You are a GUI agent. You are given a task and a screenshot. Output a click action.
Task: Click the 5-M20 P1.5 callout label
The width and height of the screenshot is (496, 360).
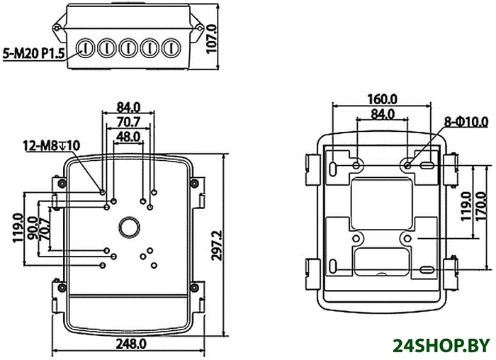coord(33,53)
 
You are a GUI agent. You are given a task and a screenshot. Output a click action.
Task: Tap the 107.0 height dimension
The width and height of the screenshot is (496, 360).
coord(211,38)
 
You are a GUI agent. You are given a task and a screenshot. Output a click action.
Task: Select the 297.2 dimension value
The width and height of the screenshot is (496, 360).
coord(217,245)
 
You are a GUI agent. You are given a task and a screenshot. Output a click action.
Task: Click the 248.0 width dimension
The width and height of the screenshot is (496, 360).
coord(131,344)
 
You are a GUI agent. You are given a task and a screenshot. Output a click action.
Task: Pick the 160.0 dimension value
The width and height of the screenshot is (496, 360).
coord(382,99)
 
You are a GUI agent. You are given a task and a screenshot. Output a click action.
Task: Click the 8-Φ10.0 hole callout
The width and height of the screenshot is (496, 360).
coord(466,122)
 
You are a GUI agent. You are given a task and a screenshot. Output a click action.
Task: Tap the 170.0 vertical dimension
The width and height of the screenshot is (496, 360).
coord(480,206)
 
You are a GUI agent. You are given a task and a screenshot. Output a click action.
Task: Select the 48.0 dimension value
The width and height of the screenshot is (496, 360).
coord(128,137)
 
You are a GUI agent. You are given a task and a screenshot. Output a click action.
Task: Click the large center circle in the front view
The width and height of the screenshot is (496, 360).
coord(129,227)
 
